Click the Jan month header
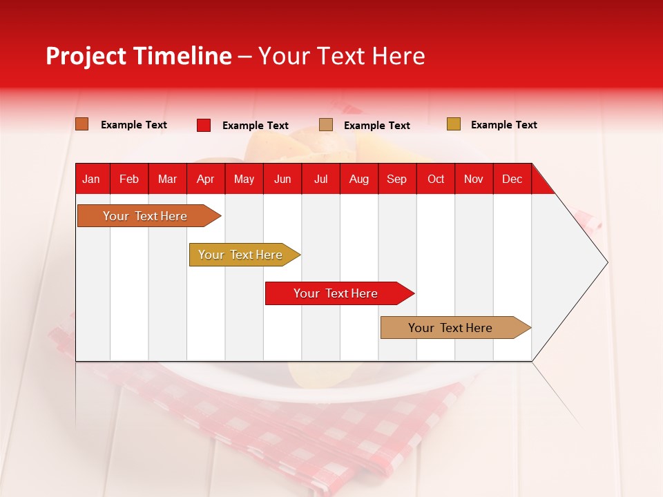91,179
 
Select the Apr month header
205,179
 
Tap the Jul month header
320,179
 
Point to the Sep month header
396,179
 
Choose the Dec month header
512,179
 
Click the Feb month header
129,179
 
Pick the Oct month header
436,179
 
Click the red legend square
203,125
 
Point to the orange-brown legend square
82,124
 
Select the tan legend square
326,125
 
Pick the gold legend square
453,124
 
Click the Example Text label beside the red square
255,126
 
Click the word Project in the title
86,56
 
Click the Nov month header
474,179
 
